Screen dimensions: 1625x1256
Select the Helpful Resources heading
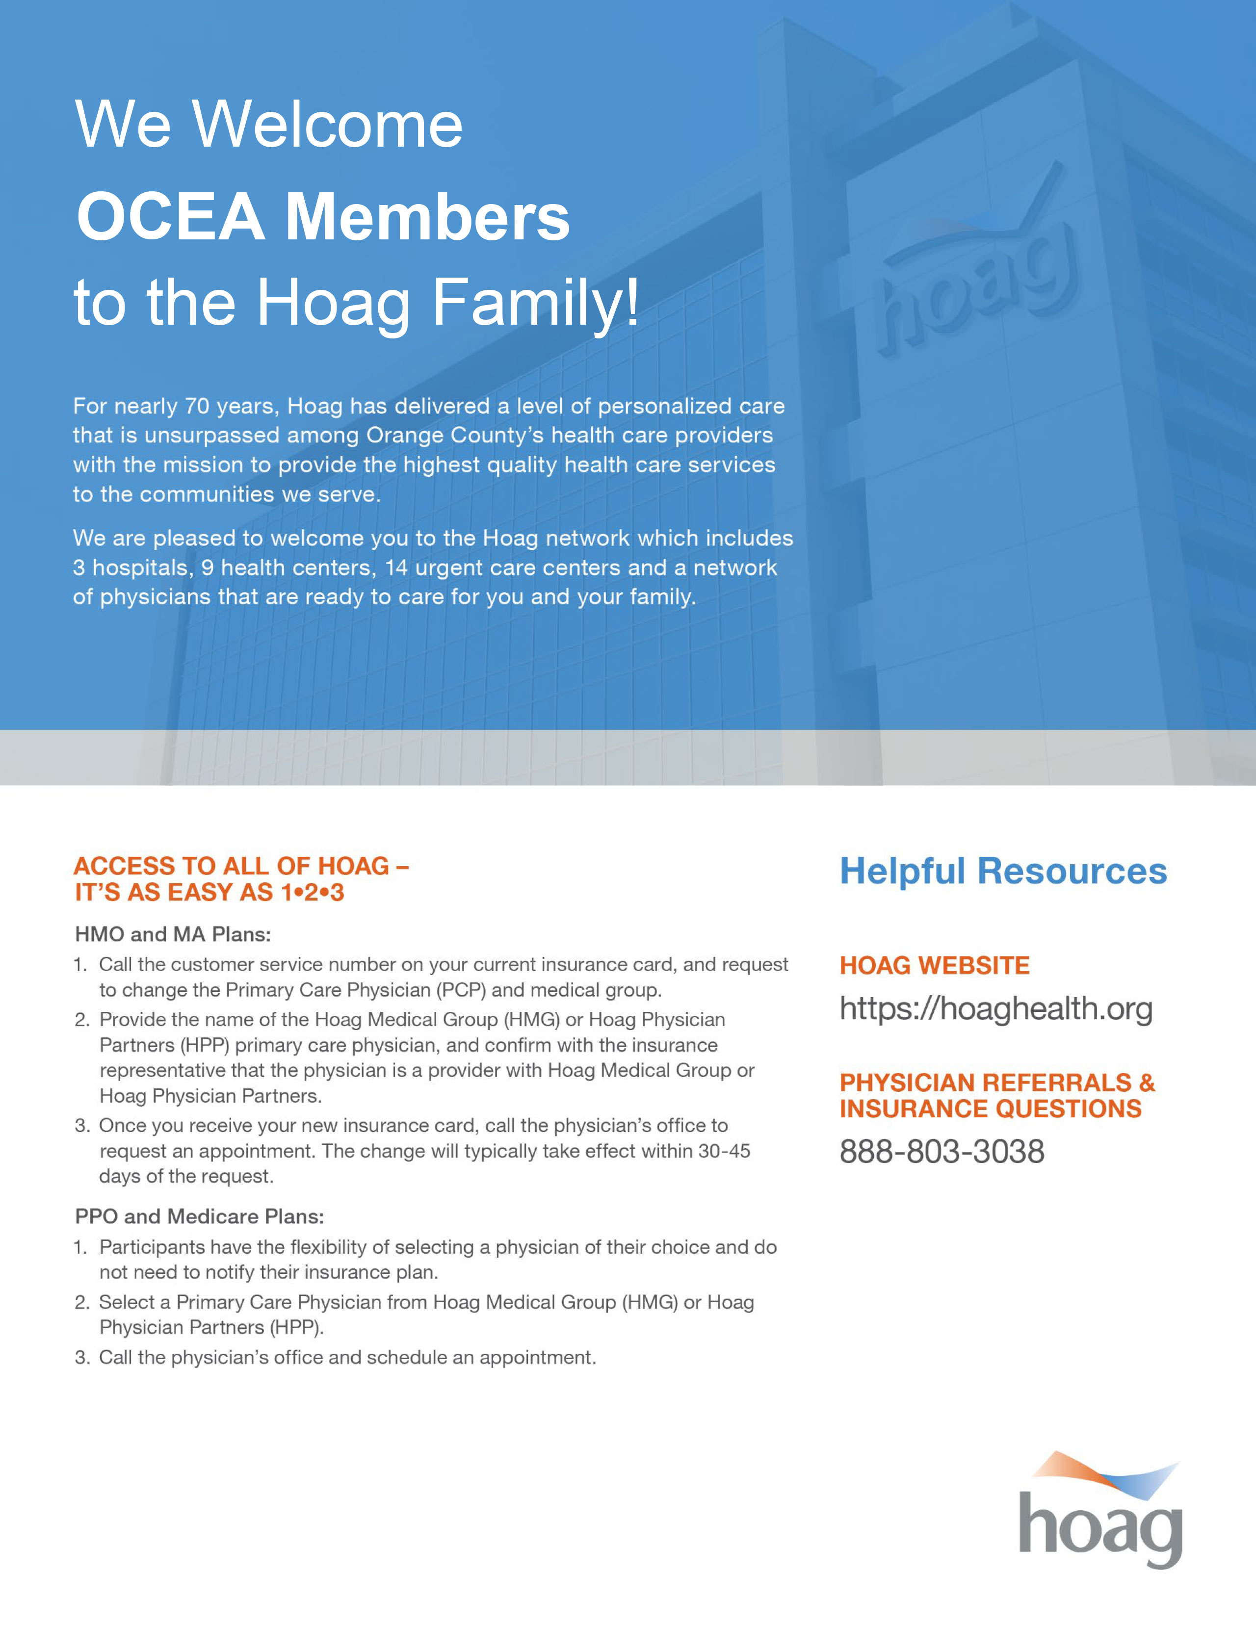pyautogui.click(x=1003, y=871)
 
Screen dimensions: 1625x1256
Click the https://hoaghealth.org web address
pyautogui.click(x=995, y=1009)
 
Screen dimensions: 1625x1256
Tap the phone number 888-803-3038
pyautogui.click(x=941, y=1152)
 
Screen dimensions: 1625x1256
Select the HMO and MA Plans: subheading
pyautogui.click(x=173, y=934)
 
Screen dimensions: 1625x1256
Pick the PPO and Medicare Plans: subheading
pyautogui.click(x=199, y=1216)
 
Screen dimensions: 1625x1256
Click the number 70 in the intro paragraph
pyautogui.click(x=197, y=406)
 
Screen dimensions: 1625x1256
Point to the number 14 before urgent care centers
pyautogui.click(x=396, y=567)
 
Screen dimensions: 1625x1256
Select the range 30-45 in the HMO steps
pyautogui.click(x=723, y=1151)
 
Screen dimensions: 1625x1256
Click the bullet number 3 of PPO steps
pyautogui.click(x=81, y=1358)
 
